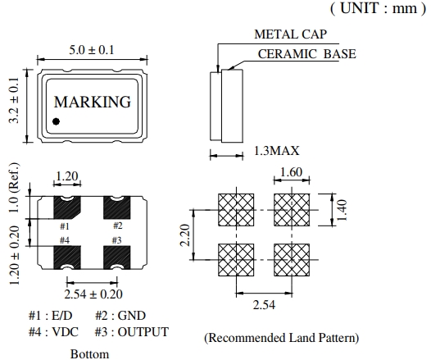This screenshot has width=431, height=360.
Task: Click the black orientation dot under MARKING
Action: (56, 121)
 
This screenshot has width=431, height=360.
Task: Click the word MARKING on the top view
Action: (93, 102)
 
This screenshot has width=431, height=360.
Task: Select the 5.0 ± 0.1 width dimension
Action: (91, 50)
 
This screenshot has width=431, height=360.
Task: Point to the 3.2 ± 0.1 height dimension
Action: (14, 100)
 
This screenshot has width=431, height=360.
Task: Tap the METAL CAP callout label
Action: (291, 34)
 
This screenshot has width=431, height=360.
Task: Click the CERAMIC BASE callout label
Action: (306, 54)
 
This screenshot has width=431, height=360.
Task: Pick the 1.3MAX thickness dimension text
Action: (276, 151)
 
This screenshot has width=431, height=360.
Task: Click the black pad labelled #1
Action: (67, 207)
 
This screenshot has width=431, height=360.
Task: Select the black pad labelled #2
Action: (116, 207)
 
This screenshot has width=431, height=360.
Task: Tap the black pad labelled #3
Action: (116, 257)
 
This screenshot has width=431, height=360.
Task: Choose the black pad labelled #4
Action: (67, 257)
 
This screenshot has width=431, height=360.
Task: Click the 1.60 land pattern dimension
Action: (292, 172)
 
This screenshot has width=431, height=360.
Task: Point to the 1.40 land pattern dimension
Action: (342, 210)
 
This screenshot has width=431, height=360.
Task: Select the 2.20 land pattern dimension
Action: (185, 235)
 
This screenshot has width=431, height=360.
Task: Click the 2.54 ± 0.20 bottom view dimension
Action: (93, 294)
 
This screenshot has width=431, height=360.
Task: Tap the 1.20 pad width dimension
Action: (67, 176)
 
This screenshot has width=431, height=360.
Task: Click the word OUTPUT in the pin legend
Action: (143, 332)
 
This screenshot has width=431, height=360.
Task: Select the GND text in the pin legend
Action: (131, 316)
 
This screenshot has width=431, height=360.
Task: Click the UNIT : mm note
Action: (378, 8)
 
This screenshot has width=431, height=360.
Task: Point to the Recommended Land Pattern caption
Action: (282, 338)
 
